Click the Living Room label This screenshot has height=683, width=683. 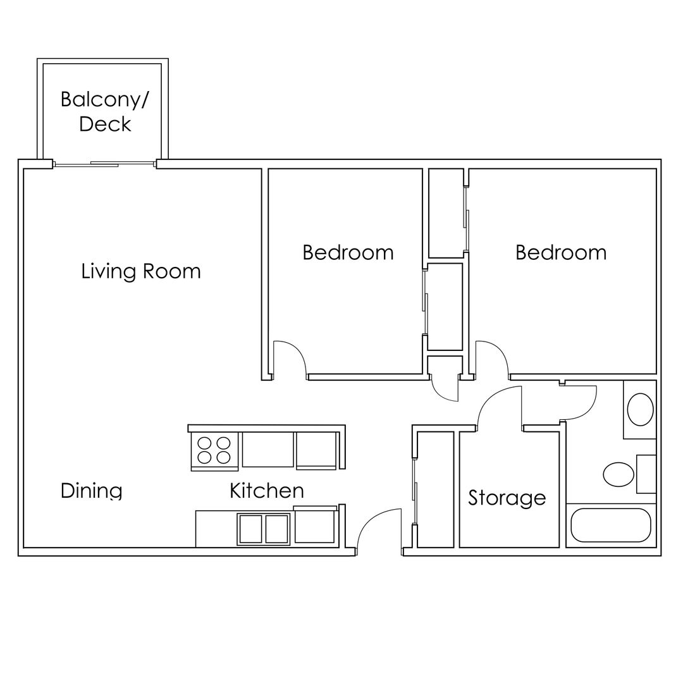coord(140,271)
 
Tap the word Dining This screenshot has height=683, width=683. coord(91,491)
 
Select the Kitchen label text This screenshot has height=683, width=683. coord(267,491)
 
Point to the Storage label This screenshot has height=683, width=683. coord(507,498)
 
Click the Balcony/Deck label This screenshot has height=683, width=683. coord(104,111)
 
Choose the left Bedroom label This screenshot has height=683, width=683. coord(348,252)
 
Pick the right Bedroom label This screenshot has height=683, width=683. coord(561,252)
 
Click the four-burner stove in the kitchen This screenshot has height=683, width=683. coord(214,451)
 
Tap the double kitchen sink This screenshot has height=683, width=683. coord(264,529)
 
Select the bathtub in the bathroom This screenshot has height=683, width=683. coord(611,525)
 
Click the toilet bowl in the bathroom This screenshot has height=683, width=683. coord(618,474)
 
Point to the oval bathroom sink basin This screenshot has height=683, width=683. coord(640,409)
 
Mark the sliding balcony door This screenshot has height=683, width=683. coord(104,164)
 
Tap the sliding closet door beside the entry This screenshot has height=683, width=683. coord(415,491)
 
